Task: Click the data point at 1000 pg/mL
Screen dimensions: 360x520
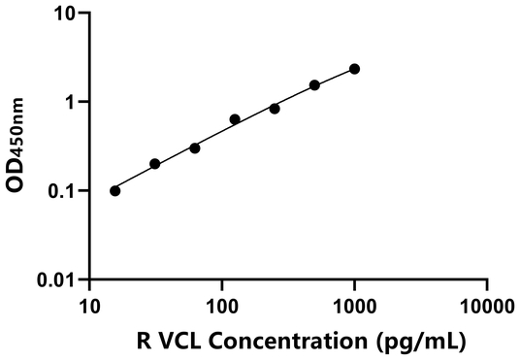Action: pyautogui.click(x=354, y=69)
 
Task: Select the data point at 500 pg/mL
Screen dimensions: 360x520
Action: pyautogui.click(x=314, y=85)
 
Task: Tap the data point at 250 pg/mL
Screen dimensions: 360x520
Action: pyautogui.click(x=275, y=109)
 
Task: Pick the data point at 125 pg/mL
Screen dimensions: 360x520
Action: pyautogui.click(x=235, y=119)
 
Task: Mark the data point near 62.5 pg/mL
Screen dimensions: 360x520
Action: pyautogui.click(x=195, y=148)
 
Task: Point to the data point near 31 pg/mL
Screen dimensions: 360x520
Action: pyautogui.click(x=155, y=164)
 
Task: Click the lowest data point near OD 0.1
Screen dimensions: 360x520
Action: pyautogui.click(x=115, y=191)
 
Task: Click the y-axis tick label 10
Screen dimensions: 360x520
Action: pyautogui.click(x=65, y=15)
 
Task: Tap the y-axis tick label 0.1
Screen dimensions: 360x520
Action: pyautogui.click(x=63, y=191)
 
